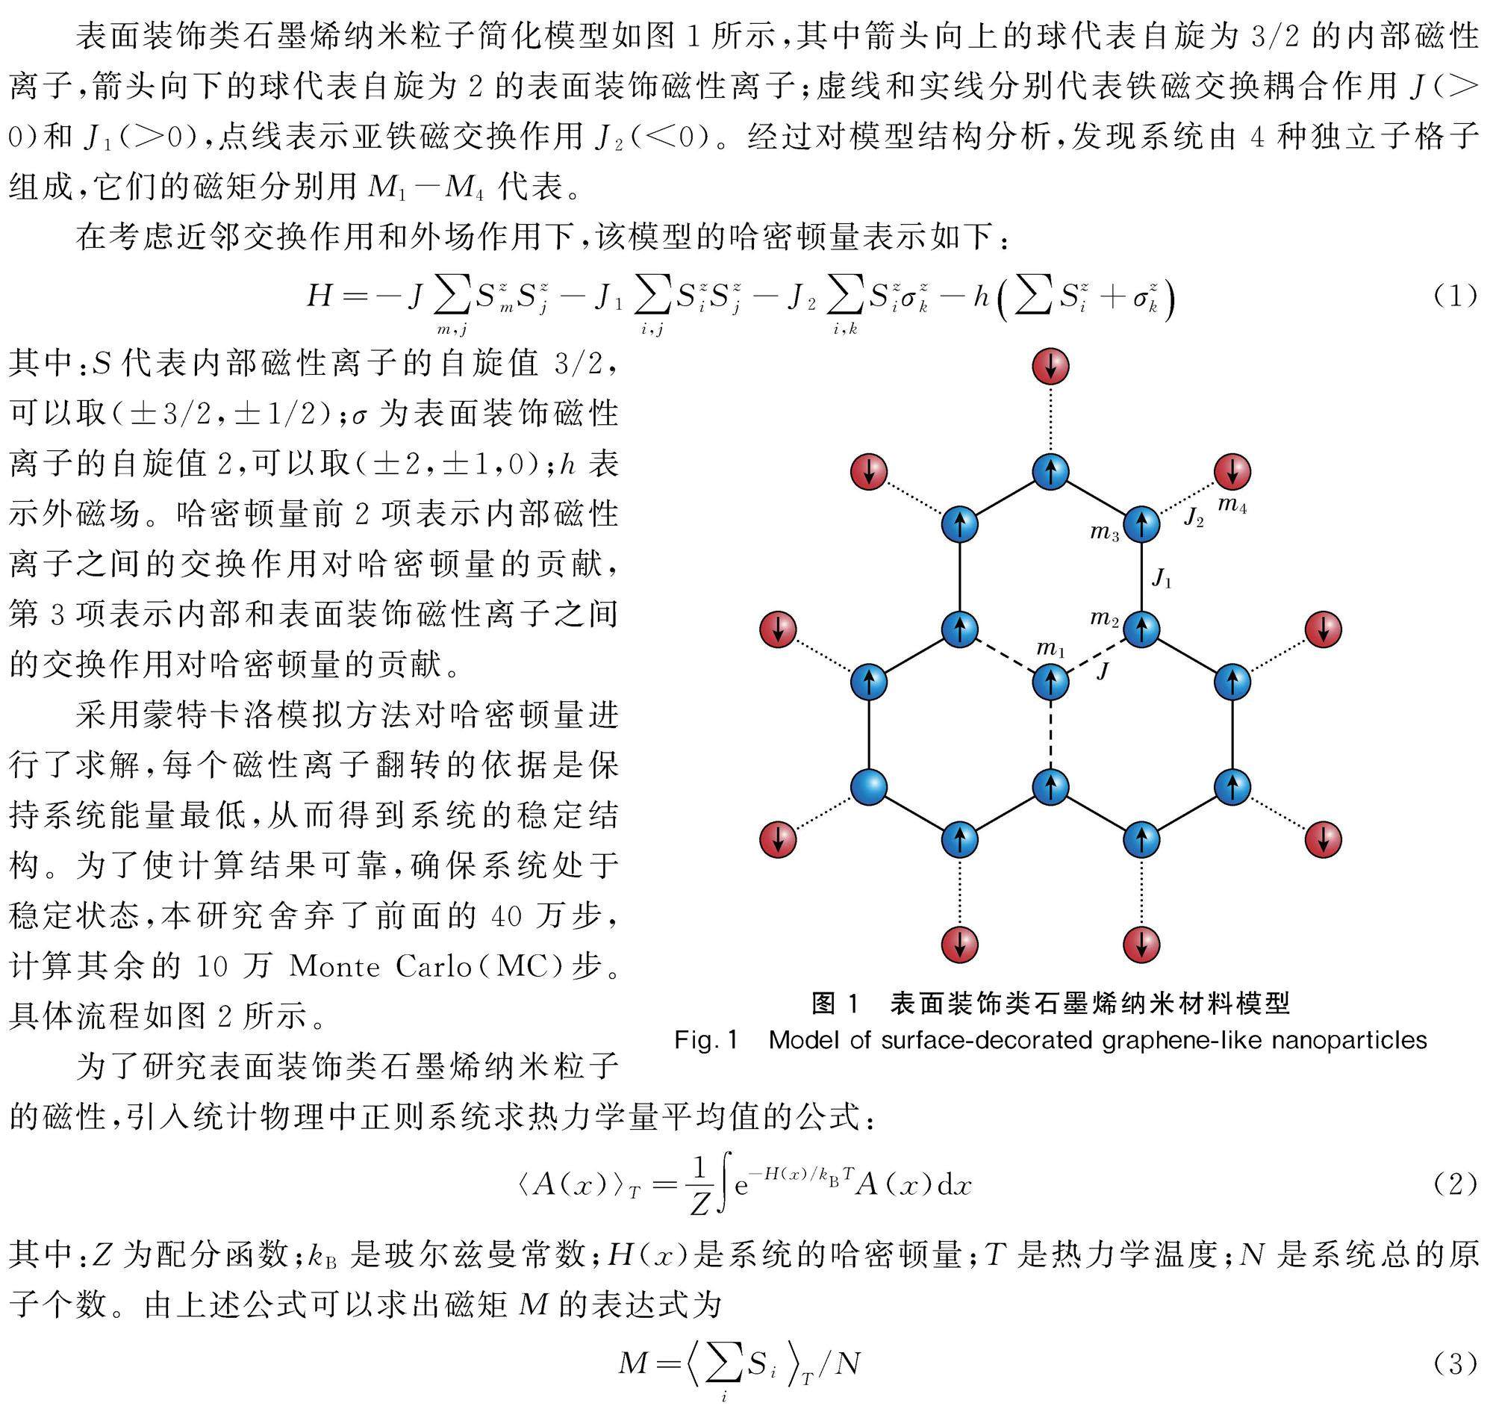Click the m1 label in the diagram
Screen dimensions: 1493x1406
point(1050,649)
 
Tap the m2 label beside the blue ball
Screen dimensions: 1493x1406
point(1105,619)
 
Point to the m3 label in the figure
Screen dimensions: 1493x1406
point(1105,533)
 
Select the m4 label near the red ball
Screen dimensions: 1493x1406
point(1232,506)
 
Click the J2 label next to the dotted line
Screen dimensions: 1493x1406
point(1194,517)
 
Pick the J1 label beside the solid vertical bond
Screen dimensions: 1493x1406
point(1162,579)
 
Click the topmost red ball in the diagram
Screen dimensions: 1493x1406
point(1050,367)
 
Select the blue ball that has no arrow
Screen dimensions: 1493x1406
point(869,787)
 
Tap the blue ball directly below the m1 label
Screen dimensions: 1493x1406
point(1050,682)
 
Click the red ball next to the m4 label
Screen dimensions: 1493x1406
point(1232,472)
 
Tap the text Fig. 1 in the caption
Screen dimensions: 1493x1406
point(706,1040)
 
